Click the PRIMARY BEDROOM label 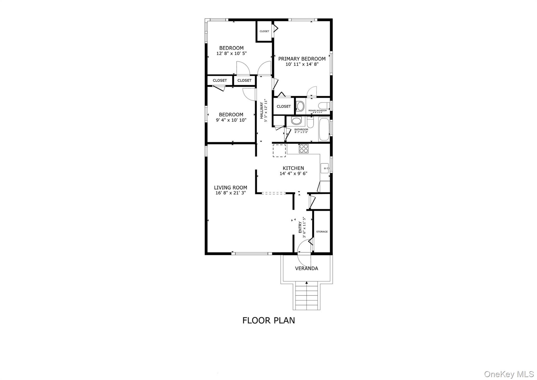[x=302, y=59]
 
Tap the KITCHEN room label [x=293, y=168]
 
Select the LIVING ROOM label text [x=230, y=187]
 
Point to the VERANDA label [x=307, y=268]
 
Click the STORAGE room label [x=322, y=232]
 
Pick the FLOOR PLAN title [x=268, y=320]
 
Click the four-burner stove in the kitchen [x=304, y=149]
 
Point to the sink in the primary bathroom [x=300, y=106]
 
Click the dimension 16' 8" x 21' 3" [x=230, y=193]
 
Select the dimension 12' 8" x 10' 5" [x=232, y=54]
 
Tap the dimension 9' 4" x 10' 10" [x=231, y=120]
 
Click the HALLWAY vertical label [x=262, y=110]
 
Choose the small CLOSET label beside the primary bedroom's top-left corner [x=264, y=31]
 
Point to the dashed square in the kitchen [x=279, y=151]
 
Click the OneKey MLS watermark [x=509, y=374]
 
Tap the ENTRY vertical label [x=300, y=227]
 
